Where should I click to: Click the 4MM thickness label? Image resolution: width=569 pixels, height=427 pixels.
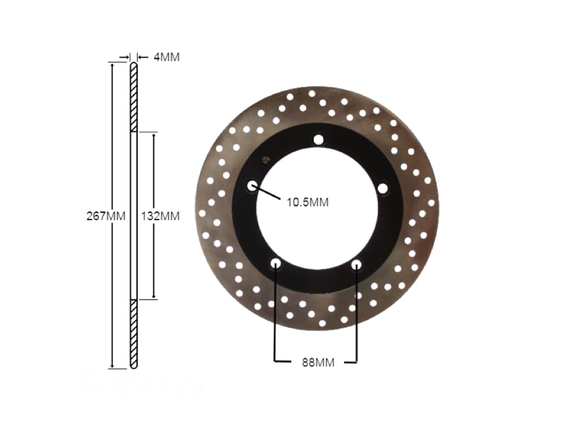click(x=167, y=57)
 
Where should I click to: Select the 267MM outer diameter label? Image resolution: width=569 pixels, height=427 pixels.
click(x=106, y=216)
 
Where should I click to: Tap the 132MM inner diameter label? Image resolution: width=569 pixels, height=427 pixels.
click(x=160, y=216)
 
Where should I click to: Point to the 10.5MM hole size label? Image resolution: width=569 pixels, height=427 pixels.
click(x=308, y=202)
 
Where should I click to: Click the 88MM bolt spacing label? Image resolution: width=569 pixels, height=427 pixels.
click(x=318, y=363)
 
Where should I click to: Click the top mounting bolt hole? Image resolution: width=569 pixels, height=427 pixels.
click(x=318, y=140)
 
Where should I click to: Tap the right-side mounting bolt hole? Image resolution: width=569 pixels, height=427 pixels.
click(x=383, y=188)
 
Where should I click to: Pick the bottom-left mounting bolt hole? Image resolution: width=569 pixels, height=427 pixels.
click(x=276, y=263)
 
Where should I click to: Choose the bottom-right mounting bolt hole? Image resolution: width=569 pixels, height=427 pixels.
click(x=356, y=264)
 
